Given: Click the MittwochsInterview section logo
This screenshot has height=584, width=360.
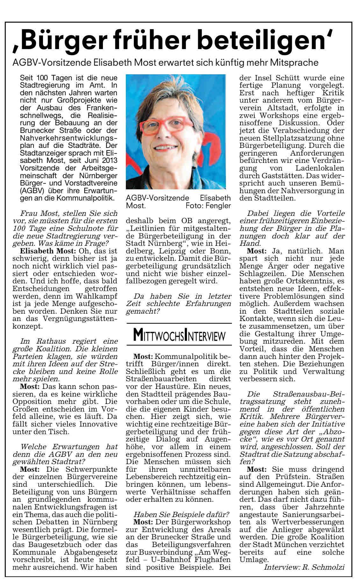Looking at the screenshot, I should click(x=179, y=335).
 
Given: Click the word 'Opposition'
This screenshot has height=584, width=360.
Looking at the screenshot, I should click(x=35, y=402).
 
